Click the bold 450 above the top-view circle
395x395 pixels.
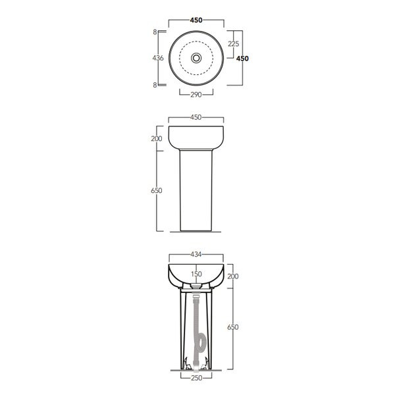[x=196, y=20]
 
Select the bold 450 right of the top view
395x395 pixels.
[x=242, y=59]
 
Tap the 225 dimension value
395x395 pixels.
[x=234, y=44]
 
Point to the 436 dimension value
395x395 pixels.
[x=158, y=58]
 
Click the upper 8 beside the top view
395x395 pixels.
[x=155, y=32]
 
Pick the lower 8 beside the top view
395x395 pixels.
[x=155, y=85]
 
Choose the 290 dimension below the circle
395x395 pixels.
[x=196, y=95]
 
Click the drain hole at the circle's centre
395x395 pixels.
[x=196, y=58]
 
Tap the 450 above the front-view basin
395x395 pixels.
[x=196, y=117]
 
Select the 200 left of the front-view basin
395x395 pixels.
[x=157, y=138]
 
